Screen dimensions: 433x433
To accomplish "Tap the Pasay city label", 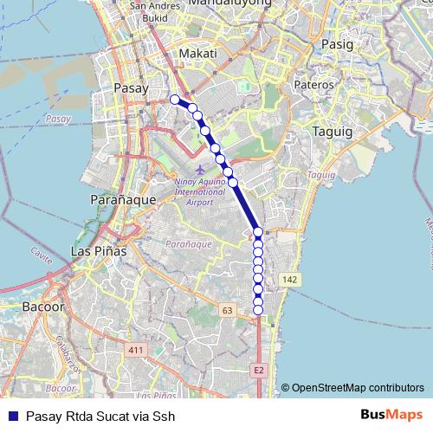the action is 132,87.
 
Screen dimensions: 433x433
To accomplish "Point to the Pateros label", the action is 313,85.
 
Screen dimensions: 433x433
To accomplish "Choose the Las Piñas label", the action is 98,251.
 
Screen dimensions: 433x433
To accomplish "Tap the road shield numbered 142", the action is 289,279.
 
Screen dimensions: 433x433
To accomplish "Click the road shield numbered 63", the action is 228,309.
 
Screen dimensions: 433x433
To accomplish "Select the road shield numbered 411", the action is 135,350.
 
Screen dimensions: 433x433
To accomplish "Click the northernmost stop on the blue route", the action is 175,100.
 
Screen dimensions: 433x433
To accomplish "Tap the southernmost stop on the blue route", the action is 258,310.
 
